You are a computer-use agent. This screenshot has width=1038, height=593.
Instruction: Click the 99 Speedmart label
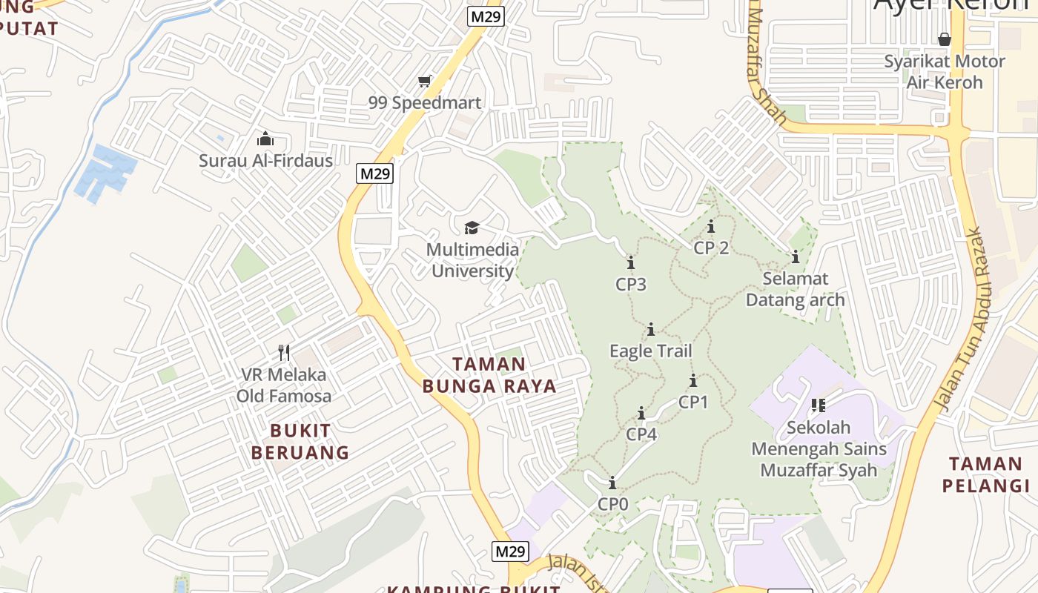click(x=425, y=103)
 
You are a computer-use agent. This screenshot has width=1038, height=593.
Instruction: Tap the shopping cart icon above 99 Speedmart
click(x=425, y=81)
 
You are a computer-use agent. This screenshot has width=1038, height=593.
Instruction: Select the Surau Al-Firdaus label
click(x=265, y=160)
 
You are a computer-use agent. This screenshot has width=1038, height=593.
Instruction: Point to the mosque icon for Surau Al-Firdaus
click(x=265, y=139)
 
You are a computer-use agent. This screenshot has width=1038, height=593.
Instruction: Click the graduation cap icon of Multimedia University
click(x=472, y=228)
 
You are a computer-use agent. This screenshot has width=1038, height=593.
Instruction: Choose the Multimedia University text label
click(x=472, y=260)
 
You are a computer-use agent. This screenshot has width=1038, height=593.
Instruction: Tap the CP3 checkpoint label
click(x=631, y=284)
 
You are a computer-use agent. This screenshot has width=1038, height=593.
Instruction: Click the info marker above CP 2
click(x=711, y=227)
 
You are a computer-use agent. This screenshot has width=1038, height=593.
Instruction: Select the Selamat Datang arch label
click(x=795, y=289)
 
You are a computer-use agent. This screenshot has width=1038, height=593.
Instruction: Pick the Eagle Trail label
click(x=650, y=351)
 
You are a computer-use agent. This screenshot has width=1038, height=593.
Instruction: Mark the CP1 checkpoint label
click(x=693, y=402)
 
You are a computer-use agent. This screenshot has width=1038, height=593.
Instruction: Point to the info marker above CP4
click(x=641, y=413)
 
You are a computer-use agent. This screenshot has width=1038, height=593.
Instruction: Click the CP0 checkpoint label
click(x=612, y=504)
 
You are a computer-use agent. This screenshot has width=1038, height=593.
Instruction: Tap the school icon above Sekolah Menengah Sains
click(x=819, y=405)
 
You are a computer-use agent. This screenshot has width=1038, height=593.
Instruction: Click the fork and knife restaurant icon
click(x=283, y=352)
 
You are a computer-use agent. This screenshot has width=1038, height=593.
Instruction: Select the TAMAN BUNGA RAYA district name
click(x=489, y=375)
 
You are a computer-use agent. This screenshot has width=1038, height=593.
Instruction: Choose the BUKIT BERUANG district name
click(x=300, y=441)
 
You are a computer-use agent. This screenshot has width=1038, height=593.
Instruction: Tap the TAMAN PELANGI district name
click(x=985, y=474)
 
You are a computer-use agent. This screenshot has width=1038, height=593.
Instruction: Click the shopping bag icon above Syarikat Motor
click(x=945, y=39)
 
